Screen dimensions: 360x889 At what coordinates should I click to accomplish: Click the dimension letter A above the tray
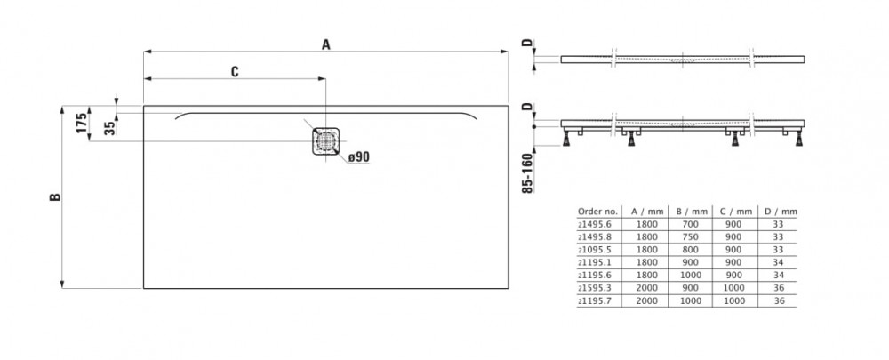pos(325,45)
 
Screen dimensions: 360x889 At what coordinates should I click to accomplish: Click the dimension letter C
pos(235,73)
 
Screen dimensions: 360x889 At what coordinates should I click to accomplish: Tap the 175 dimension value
pos(81,124)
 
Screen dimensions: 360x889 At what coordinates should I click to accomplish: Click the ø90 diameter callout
pos(358,156)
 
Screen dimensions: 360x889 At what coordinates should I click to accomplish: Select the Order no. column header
pos(597,212)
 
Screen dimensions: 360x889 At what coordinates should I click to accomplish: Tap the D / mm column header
pos(781,212)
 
